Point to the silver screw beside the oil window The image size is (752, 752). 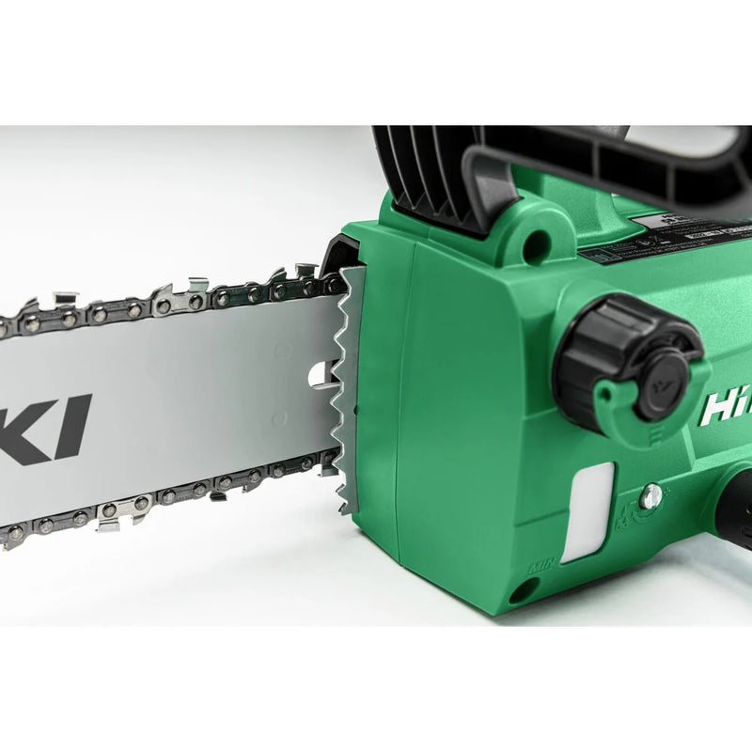coord(650,496)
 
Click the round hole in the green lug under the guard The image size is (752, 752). coord(537,246)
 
